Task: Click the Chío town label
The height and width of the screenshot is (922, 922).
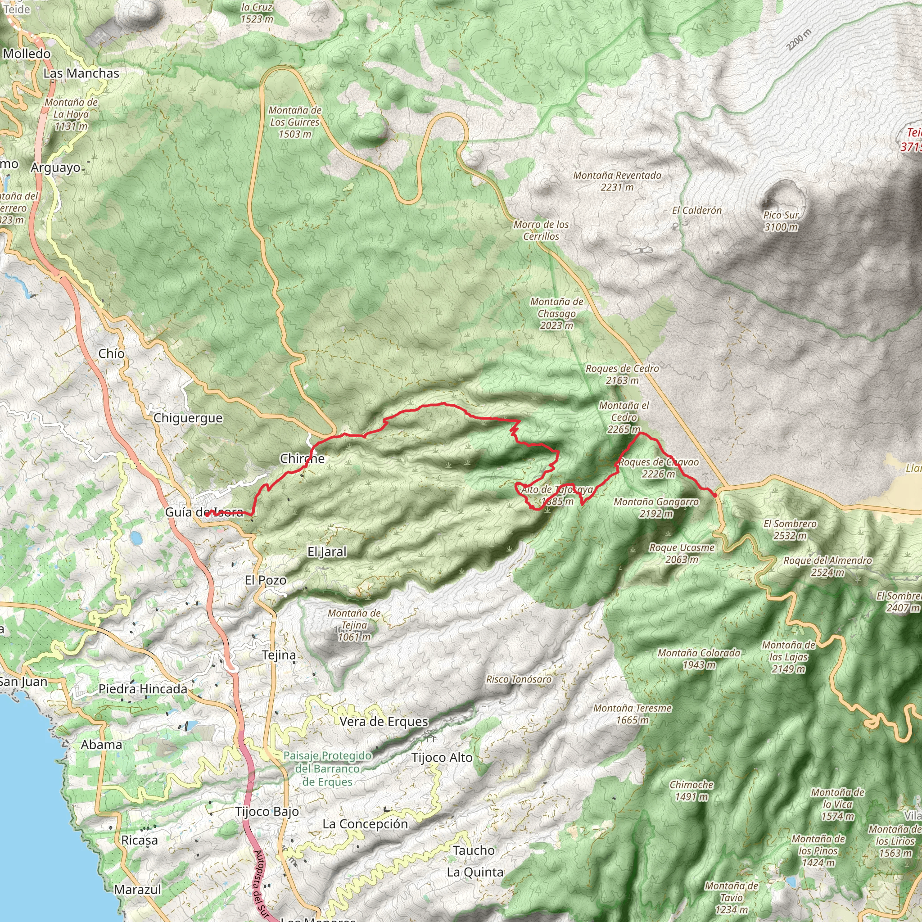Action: pos(111,353)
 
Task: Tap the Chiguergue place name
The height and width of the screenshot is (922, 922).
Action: pos(188,418)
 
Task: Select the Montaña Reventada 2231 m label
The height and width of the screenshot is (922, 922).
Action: pos(617,181)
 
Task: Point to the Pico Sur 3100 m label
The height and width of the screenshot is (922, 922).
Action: pos(781,221)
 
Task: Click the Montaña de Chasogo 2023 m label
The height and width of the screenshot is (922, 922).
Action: pos(556,313)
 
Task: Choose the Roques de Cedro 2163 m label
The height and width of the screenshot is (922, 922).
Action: pos(622,374)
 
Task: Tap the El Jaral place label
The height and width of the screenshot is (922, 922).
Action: pos(327,551)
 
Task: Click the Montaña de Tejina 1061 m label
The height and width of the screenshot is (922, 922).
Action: pos(354,625)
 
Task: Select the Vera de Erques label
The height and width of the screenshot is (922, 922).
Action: pos(384,721)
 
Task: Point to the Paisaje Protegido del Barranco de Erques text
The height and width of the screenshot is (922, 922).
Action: pos(327,769)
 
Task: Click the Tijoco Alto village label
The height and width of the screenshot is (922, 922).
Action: pos(442,757)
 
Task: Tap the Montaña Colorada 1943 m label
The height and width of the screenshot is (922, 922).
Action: pos(699,659)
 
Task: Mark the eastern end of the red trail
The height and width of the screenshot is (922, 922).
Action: pos(715,496)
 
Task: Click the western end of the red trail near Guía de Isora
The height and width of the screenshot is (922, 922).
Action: pos(207,515)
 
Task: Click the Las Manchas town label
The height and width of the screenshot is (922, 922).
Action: pos(81,73)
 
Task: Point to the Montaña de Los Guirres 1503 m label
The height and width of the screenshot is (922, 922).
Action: pos(295,122)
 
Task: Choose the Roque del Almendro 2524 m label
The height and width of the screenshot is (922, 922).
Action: pos(827,566)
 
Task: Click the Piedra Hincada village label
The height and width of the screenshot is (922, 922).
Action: pos(143,689)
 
